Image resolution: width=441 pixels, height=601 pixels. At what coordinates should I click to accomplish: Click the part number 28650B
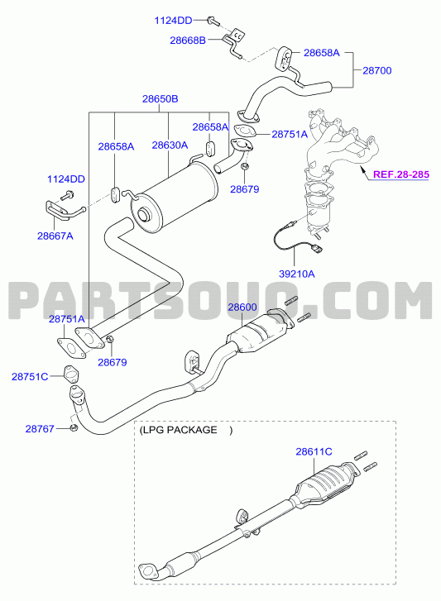160,99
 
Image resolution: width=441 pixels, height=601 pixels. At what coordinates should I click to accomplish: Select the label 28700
377,70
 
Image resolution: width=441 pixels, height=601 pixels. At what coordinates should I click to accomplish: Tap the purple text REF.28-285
401,174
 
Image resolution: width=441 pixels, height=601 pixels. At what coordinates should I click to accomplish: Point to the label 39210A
296,274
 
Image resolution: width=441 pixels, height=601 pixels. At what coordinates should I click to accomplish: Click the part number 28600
242,308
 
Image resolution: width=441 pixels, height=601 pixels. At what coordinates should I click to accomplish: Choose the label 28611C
314,452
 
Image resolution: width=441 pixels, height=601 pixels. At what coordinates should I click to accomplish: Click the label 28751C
30,377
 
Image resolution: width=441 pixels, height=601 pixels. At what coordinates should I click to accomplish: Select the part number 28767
40,428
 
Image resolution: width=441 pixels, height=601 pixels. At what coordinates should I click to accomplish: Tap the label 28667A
55,236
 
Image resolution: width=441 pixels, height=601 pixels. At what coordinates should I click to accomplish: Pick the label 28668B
188,41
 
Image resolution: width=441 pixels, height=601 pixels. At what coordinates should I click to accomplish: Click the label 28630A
170,145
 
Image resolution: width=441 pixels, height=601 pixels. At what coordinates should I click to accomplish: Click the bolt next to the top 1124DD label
213,21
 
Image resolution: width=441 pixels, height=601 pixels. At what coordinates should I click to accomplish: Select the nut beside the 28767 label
74,427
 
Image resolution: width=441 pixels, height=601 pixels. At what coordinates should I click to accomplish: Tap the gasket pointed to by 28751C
70,374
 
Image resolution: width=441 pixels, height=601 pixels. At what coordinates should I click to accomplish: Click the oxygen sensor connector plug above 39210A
318,249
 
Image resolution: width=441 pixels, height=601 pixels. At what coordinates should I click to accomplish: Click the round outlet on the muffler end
143,215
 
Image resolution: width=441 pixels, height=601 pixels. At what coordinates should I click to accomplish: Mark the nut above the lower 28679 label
110,340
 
